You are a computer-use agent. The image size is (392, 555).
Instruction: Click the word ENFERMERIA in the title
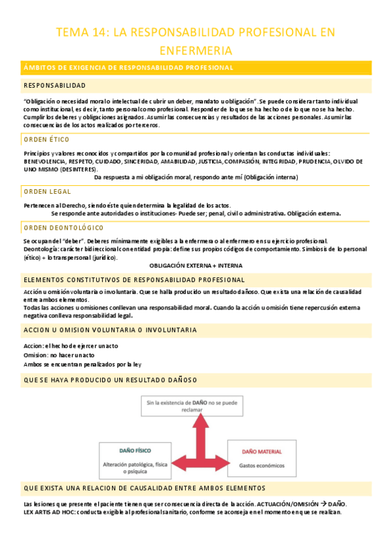click(x=196, y=50)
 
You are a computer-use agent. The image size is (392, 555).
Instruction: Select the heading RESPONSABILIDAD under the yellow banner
click(x=54, y=86)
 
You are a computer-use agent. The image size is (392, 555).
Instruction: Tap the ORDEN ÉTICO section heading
click(x=46, y=139)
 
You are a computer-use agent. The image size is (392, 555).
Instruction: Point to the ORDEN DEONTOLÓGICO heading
click(x=63, y=227)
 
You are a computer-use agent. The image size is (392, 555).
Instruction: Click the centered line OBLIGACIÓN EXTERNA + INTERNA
click(x=196, y=265)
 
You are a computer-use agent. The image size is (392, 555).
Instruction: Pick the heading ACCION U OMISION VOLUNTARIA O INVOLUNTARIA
click(x=109, y=329)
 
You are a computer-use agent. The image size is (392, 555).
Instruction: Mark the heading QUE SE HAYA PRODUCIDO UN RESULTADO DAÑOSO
click(x=110, y=380)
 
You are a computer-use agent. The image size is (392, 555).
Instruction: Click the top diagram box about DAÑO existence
click(x=196, y=406)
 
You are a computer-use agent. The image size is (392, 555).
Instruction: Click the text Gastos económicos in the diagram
click(x=262, y=466)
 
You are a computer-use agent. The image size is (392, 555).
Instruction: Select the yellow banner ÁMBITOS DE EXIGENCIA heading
click(x=129, y=67)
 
